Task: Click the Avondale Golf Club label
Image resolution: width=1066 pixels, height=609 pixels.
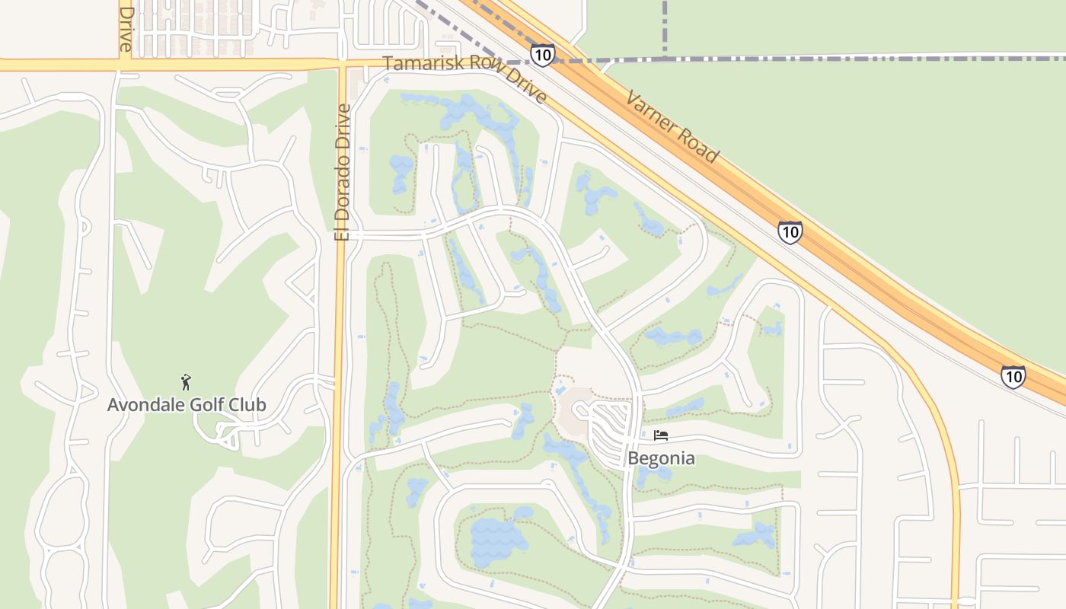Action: pyautogui.click(x=187, y=404)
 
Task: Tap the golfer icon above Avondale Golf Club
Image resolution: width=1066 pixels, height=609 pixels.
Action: pyautogui.click(x=186, y=381)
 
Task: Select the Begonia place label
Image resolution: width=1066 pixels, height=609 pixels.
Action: pyautogui.click(x=661, y=458)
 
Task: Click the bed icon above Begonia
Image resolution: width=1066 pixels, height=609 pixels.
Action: pyautogui.click(x=661, y=435)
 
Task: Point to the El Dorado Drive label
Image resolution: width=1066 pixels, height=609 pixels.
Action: pyautogui.click(x=343, y=172)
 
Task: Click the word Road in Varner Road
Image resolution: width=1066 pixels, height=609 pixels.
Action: pyautogui.click(x=701, y=148)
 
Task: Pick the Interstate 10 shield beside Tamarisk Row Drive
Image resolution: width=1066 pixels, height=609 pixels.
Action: pyautogui.click(x=542, y=55)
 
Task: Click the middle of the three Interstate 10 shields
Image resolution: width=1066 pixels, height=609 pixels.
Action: pyautogui.click(x=790, y=231)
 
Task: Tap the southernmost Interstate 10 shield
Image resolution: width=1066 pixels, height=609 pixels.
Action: pyautogui.click(x=1013, y=376)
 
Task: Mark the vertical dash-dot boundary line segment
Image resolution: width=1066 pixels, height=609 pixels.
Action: pyautogui.click(x=665, y=27)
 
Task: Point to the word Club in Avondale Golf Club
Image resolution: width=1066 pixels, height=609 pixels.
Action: pyautogui.click(x=247, y=404)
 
